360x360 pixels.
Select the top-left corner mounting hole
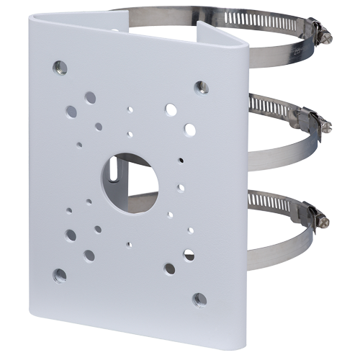pyautogui.click(x=58, y=68)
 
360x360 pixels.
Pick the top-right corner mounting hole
pyautogui.click(x=201, y=86)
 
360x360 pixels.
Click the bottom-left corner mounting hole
pyautogui.click(x=60, y=274)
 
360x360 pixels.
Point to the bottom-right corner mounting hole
pyautogui.click(x=201, y=297)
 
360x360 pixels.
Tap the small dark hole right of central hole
pyautogui.click(x=181, y=160)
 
